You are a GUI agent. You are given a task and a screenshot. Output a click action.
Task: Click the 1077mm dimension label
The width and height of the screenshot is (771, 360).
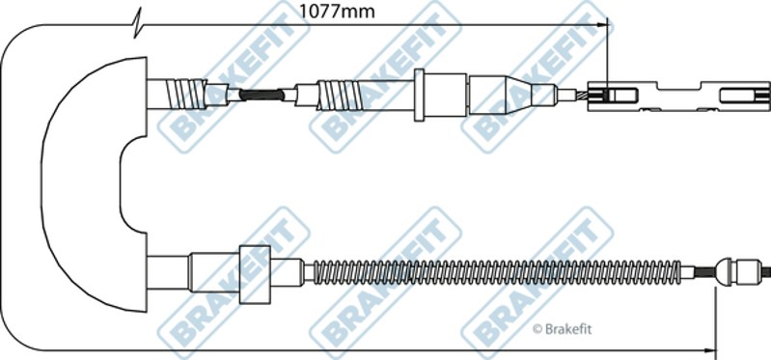point(338,12)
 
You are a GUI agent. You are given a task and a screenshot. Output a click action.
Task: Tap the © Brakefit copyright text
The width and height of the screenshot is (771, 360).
point(562,329)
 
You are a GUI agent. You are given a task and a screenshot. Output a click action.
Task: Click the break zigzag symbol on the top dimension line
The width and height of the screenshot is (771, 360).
point(137,22)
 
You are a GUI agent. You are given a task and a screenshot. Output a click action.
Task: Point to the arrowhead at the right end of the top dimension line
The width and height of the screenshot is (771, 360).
point(602,24)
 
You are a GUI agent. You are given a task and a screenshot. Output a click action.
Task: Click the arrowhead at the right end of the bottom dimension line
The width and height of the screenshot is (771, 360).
point(709,350)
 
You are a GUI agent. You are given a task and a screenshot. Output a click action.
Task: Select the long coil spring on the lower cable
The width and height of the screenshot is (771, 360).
point(498,272)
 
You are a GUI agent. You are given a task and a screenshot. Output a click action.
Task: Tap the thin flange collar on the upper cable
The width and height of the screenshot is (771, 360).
point(419,95)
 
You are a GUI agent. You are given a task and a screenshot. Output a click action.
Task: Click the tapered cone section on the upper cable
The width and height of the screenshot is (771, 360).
point(518,95)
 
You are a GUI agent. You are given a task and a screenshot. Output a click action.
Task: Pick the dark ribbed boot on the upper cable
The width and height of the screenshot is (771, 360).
point(262,95)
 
